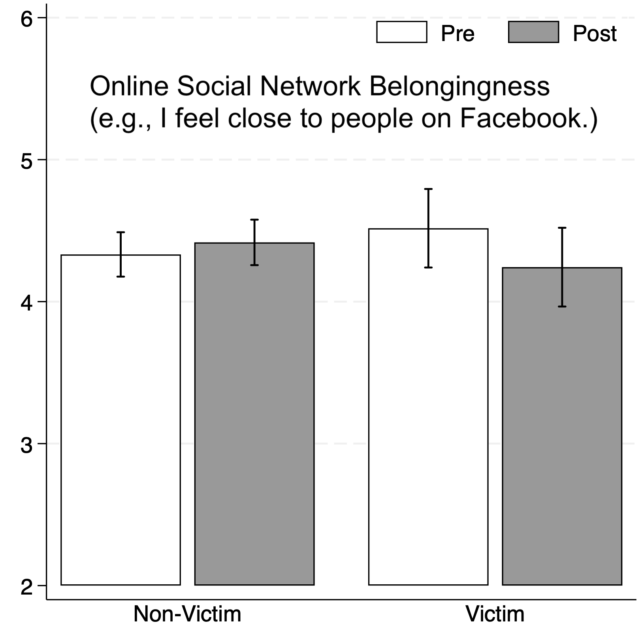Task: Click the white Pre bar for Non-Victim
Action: [120, 419]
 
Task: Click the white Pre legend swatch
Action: [401, 32]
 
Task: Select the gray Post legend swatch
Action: [533, 32]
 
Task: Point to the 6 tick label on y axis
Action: [26, 19]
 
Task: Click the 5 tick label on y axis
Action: [26, 161]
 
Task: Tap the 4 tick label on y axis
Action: [26, 303]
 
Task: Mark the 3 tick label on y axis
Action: [26, 445]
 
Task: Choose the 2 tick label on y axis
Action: [26, 587]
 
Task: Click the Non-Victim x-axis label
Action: [187, 614]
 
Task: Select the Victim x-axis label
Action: [495, 614]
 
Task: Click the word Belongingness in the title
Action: [459, 87]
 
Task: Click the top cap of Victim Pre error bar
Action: [428, 189]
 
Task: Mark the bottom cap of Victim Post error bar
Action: [562, 306]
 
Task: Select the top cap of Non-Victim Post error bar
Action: [254, 220]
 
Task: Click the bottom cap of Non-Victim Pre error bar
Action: [120, 276]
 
